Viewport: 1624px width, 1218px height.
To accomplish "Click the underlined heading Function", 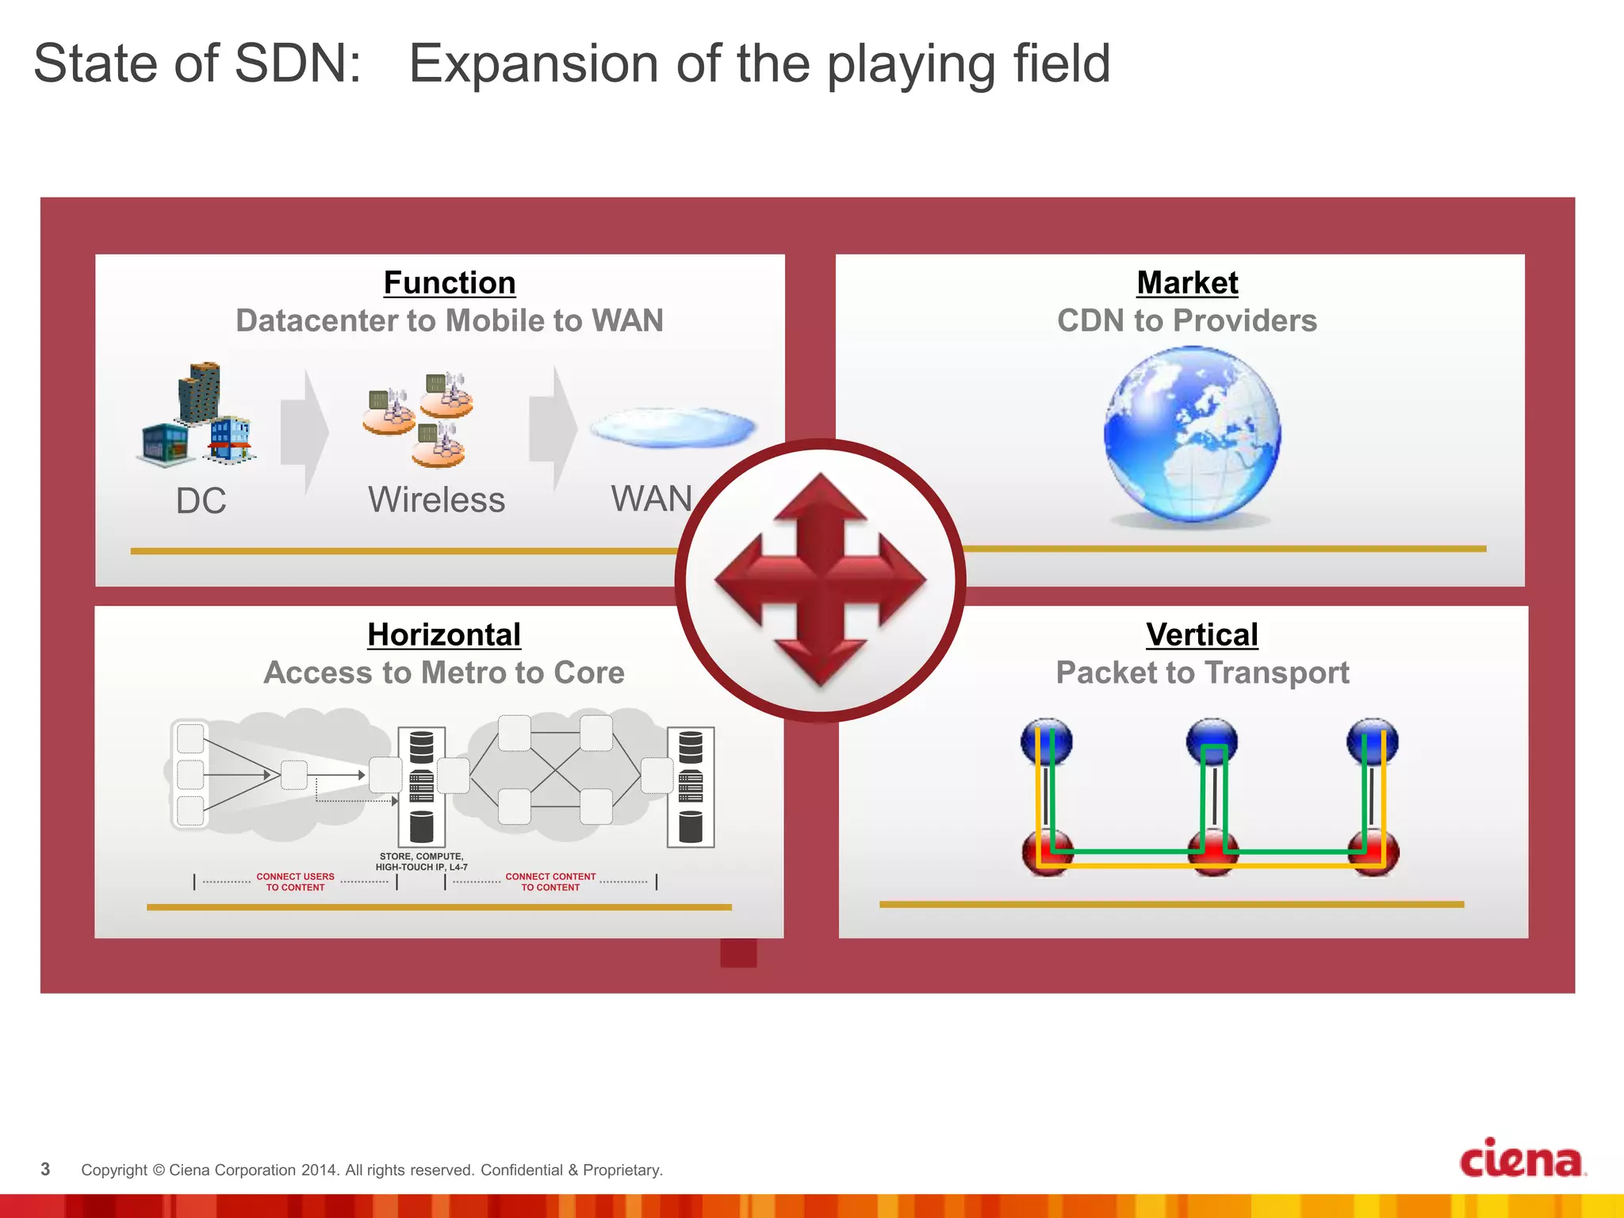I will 449,283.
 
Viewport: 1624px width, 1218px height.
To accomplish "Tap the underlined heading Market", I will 1187,283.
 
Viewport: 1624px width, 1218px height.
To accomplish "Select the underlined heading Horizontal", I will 443,635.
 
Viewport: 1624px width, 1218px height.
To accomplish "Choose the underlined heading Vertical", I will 1201,635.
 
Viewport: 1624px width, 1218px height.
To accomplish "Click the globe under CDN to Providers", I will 1192,435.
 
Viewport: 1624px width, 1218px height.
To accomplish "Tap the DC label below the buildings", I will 201,501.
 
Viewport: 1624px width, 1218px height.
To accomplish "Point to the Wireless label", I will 436,500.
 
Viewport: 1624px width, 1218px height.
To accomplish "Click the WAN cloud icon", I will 672,427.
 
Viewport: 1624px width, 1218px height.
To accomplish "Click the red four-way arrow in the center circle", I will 820,580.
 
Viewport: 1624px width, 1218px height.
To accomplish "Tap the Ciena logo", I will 1521,1159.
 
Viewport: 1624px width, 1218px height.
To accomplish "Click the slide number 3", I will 45,1170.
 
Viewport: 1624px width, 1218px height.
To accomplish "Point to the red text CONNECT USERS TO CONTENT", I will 295,882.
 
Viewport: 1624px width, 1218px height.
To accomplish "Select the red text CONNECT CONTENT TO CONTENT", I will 550,882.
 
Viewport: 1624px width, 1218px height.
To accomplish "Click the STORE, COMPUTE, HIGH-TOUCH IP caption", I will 421,862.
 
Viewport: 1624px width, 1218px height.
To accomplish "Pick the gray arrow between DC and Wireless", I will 304,432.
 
